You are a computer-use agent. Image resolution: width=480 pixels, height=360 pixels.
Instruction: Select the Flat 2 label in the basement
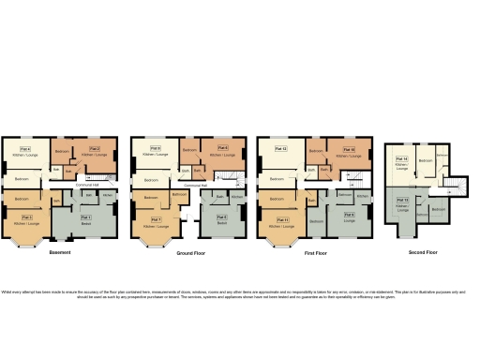94,147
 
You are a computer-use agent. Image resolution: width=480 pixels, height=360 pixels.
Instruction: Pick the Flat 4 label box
25,148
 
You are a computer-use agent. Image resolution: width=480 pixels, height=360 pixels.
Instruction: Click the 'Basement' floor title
60,253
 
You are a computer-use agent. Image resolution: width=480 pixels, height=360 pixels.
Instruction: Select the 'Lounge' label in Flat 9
349,224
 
